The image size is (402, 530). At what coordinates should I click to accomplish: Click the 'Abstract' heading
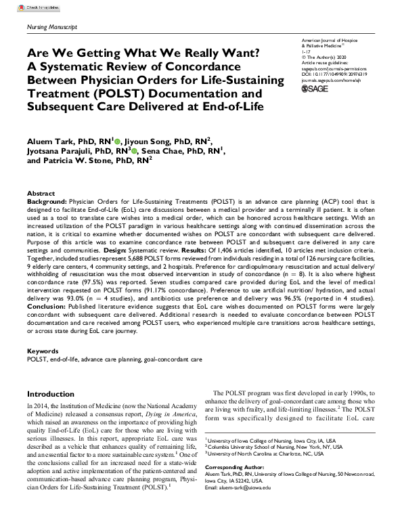[41, 193]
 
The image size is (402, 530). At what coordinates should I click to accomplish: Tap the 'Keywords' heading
[42, 351]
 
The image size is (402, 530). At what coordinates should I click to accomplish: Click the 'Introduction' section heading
[51, 393]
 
